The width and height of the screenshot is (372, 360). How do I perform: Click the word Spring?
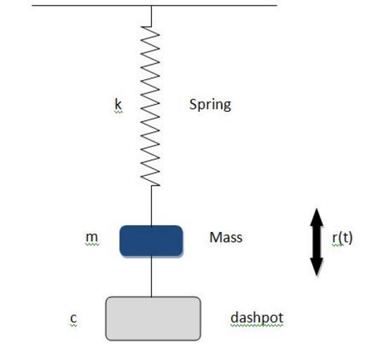[210, 105]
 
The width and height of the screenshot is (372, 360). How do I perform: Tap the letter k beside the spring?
[118, 104]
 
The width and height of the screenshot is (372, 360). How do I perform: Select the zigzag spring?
[150, 106]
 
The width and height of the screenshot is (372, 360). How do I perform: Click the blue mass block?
[151, 241]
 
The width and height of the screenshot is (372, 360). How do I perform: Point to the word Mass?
[226, 238]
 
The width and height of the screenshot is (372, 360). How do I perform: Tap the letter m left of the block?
[91, 237]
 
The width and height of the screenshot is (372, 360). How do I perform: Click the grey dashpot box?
[153, 319]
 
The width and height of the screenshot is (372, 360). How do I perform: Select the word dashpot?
[257, 318]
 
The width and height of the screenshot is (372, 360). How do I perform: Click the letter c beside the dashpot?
[74, 318]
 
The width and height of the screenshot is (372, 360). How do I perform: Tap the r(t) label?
[342, 238]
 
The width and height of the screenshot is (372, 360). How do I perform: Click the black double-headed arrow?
[317, 242]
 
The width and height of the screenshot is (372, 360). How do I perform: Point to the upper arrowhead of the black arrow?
[317, 217]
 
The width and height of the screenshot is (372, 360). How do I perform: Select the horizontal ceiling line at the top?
[154, 5]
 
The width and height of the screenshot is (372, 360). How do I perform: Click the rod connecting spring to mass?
[151, 205]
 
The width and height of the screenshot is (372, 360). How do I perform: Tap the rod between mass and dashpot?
[151, 276]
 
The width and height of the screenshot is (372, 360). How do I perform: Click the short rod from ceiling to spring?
[151, 15]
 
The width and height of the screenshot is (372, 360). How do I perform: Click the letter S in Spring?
[193, 104]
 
